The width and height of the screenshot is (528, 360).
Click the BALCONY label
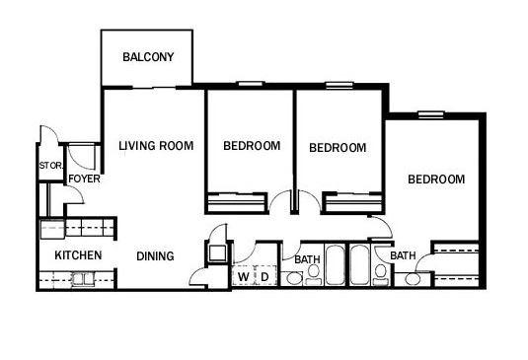tap(148, 57)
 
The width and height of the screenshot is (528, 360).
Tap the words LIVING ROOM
tap(156, 146)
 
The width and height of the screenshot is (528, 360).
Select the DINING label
tap(155, 256)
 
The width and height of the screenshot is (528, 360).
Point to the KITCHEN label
tap(78, 255)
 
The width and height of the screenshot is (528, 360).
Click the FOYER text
tap(84, 179)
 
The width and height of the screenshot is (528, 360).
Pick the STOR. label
tap(51, 166)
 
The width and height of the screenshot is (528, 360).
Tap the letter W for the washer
tap(244, 277)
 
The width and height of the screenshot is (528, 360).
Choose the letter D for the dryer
tap(265, 277)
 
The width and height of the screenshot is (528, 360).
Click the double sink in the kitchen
tap(83, 279)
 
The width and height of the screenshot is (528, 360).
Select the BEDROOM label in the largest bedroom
tap(436, 179)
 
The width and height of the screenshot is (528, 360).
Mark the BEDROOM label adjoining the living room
tap(252, 146)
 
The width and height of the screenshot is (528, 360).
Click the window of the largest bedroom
tap(431, 114)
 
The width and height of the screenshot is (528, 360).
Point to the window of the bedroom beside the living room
tap(251, 84)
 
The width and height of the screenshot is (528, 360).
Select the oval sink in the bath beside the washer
tap(294, 279)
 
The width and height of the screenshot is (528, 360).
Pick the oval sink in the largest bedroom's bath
tap(413, 279)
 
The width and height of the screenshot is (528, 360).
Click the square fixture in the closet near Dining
tap(217, 253)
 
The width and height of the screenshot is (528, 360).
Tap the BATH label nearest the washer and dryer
tap(307, 259)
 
